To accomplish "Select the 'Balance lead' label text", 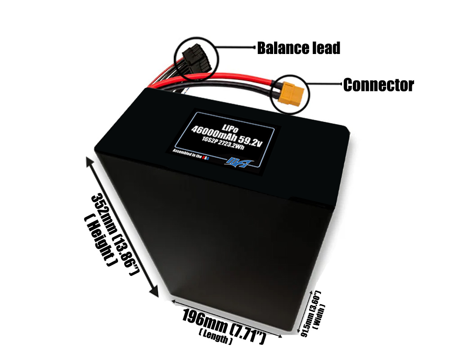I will (298, 48).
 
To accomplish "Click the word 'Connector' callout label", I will (378, 85).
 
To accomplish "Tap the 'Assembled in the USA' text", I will (189, 154).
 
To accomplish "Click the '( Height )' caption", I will (99, 240).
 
